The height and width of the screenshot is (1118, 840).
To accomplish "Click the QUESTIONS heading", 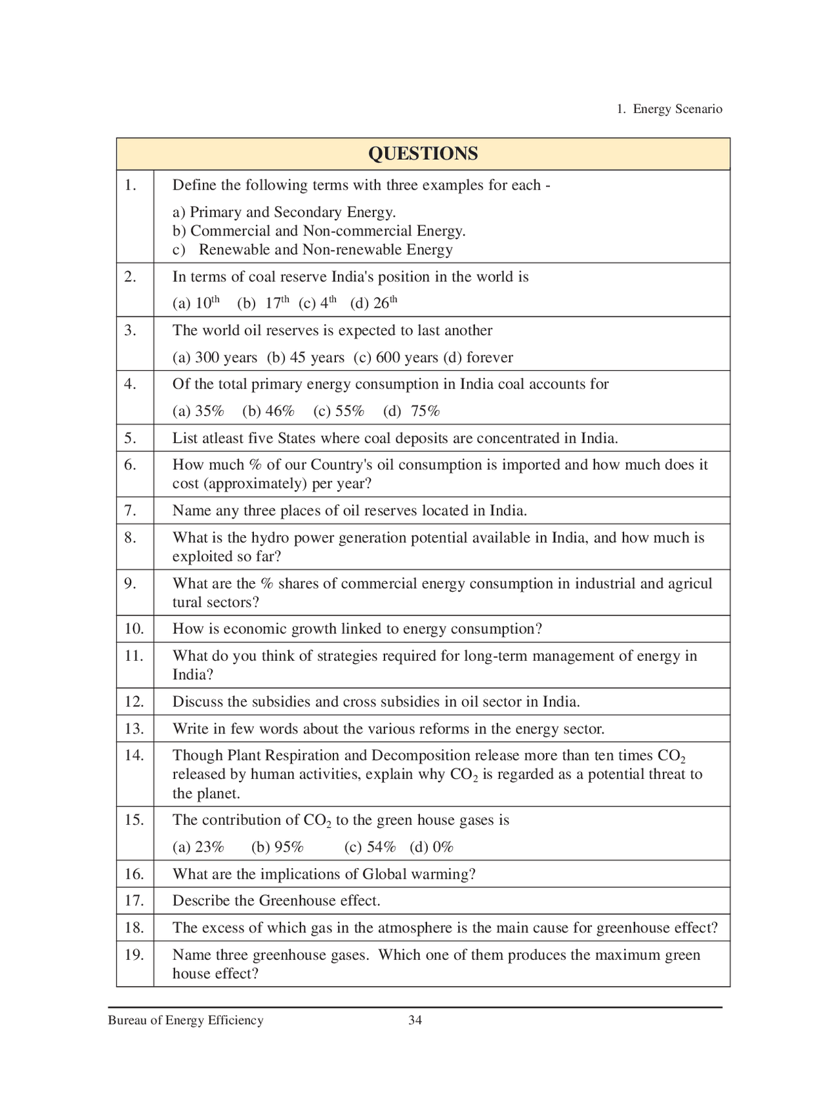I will coord(423,154).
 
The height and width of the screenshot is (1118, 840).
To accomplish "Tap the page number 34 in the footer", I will coord(415,1020).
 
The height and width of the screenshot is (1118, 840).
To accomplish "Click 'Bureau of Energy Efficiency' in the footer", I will coord(186,1020).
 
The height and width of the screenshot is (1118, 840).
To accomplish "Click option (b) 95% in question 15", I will coord(277,847).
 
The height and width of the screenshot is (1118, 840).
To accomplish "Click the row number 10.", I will coord(134,629).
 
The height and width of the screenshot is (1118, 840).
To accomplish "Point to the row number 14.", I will coord(134,755).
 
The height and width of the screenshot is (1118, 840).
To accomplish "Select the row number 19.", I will coord(134,955).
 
